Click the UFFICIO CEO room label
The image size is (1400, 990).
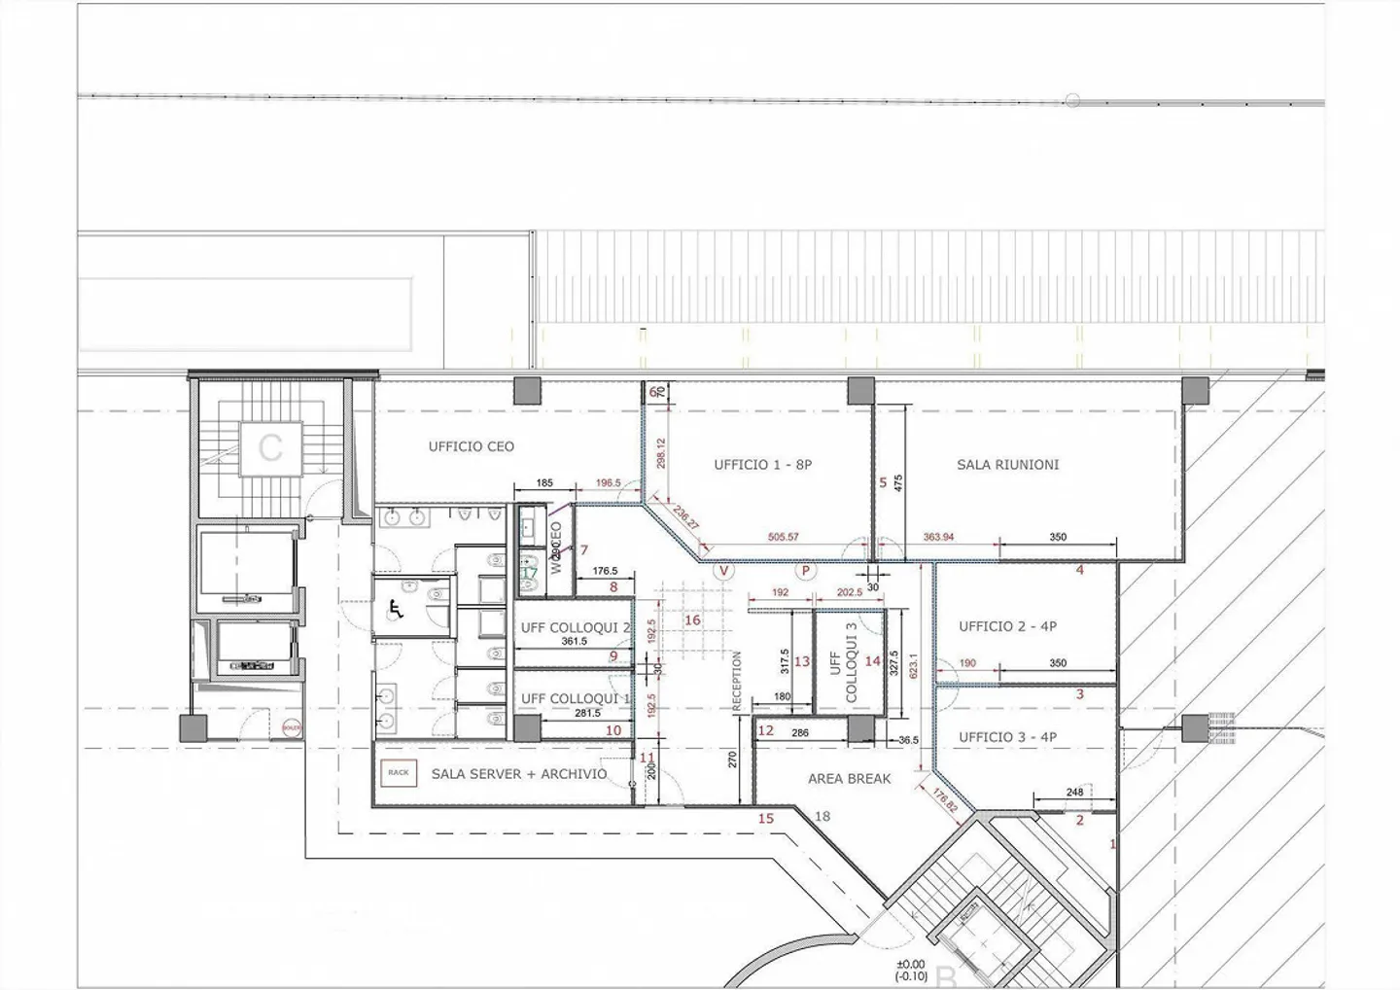coord(472,447)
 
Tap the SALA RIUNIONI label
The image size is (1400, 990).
coord(1007,465)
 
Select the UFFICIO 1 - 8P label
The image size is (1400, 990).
coord(762,465)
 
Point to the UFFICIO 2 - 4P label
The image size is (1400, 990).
coord(1007,626)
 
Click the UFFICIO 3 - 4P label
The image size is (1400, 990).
coord(1007,737)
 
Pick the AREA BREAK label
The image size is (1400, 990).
coord(849,779)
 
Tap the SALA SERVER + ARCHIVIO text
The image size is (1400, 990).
coord(519,774)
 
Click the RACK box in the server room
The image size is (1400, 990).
coord(399,772)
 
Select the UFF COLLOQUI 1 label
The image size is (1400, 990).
coord(576,699)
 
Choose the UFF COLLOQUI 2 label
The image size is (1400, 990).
coord(576,628)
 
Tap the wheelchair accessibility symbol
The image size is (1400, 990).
coord(396,609)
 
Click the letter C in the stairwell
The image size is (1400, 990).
coord(270,448)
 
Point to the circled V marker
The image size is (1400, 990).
coord(723,571)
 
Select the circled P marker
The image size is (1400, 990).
coord(805,571)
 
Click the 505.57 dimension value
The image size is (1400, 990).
coord(783,537)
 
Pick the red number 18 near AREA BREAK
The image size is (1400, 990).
coord(822,816)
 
